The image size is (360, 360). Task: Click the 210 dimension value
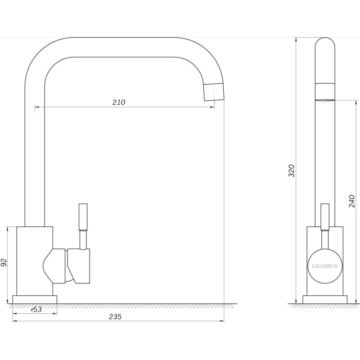[x=119, y=102]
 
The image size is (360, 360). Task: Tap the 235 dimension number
[x=115, y=317]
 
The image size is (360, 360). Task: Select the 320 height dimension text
[x=291, y=171]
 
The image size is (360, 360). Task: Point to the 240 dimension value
[x=352, y=201]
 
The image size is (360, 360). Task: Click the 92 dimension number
[x=4, y=262]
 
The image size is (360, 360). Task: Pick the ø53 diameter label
[x=36, y=310]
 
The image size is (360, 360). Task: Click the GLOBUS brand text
[x=324, y=266]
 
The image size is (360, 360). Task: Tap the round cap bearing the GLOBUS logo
[x=325, y=266]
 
